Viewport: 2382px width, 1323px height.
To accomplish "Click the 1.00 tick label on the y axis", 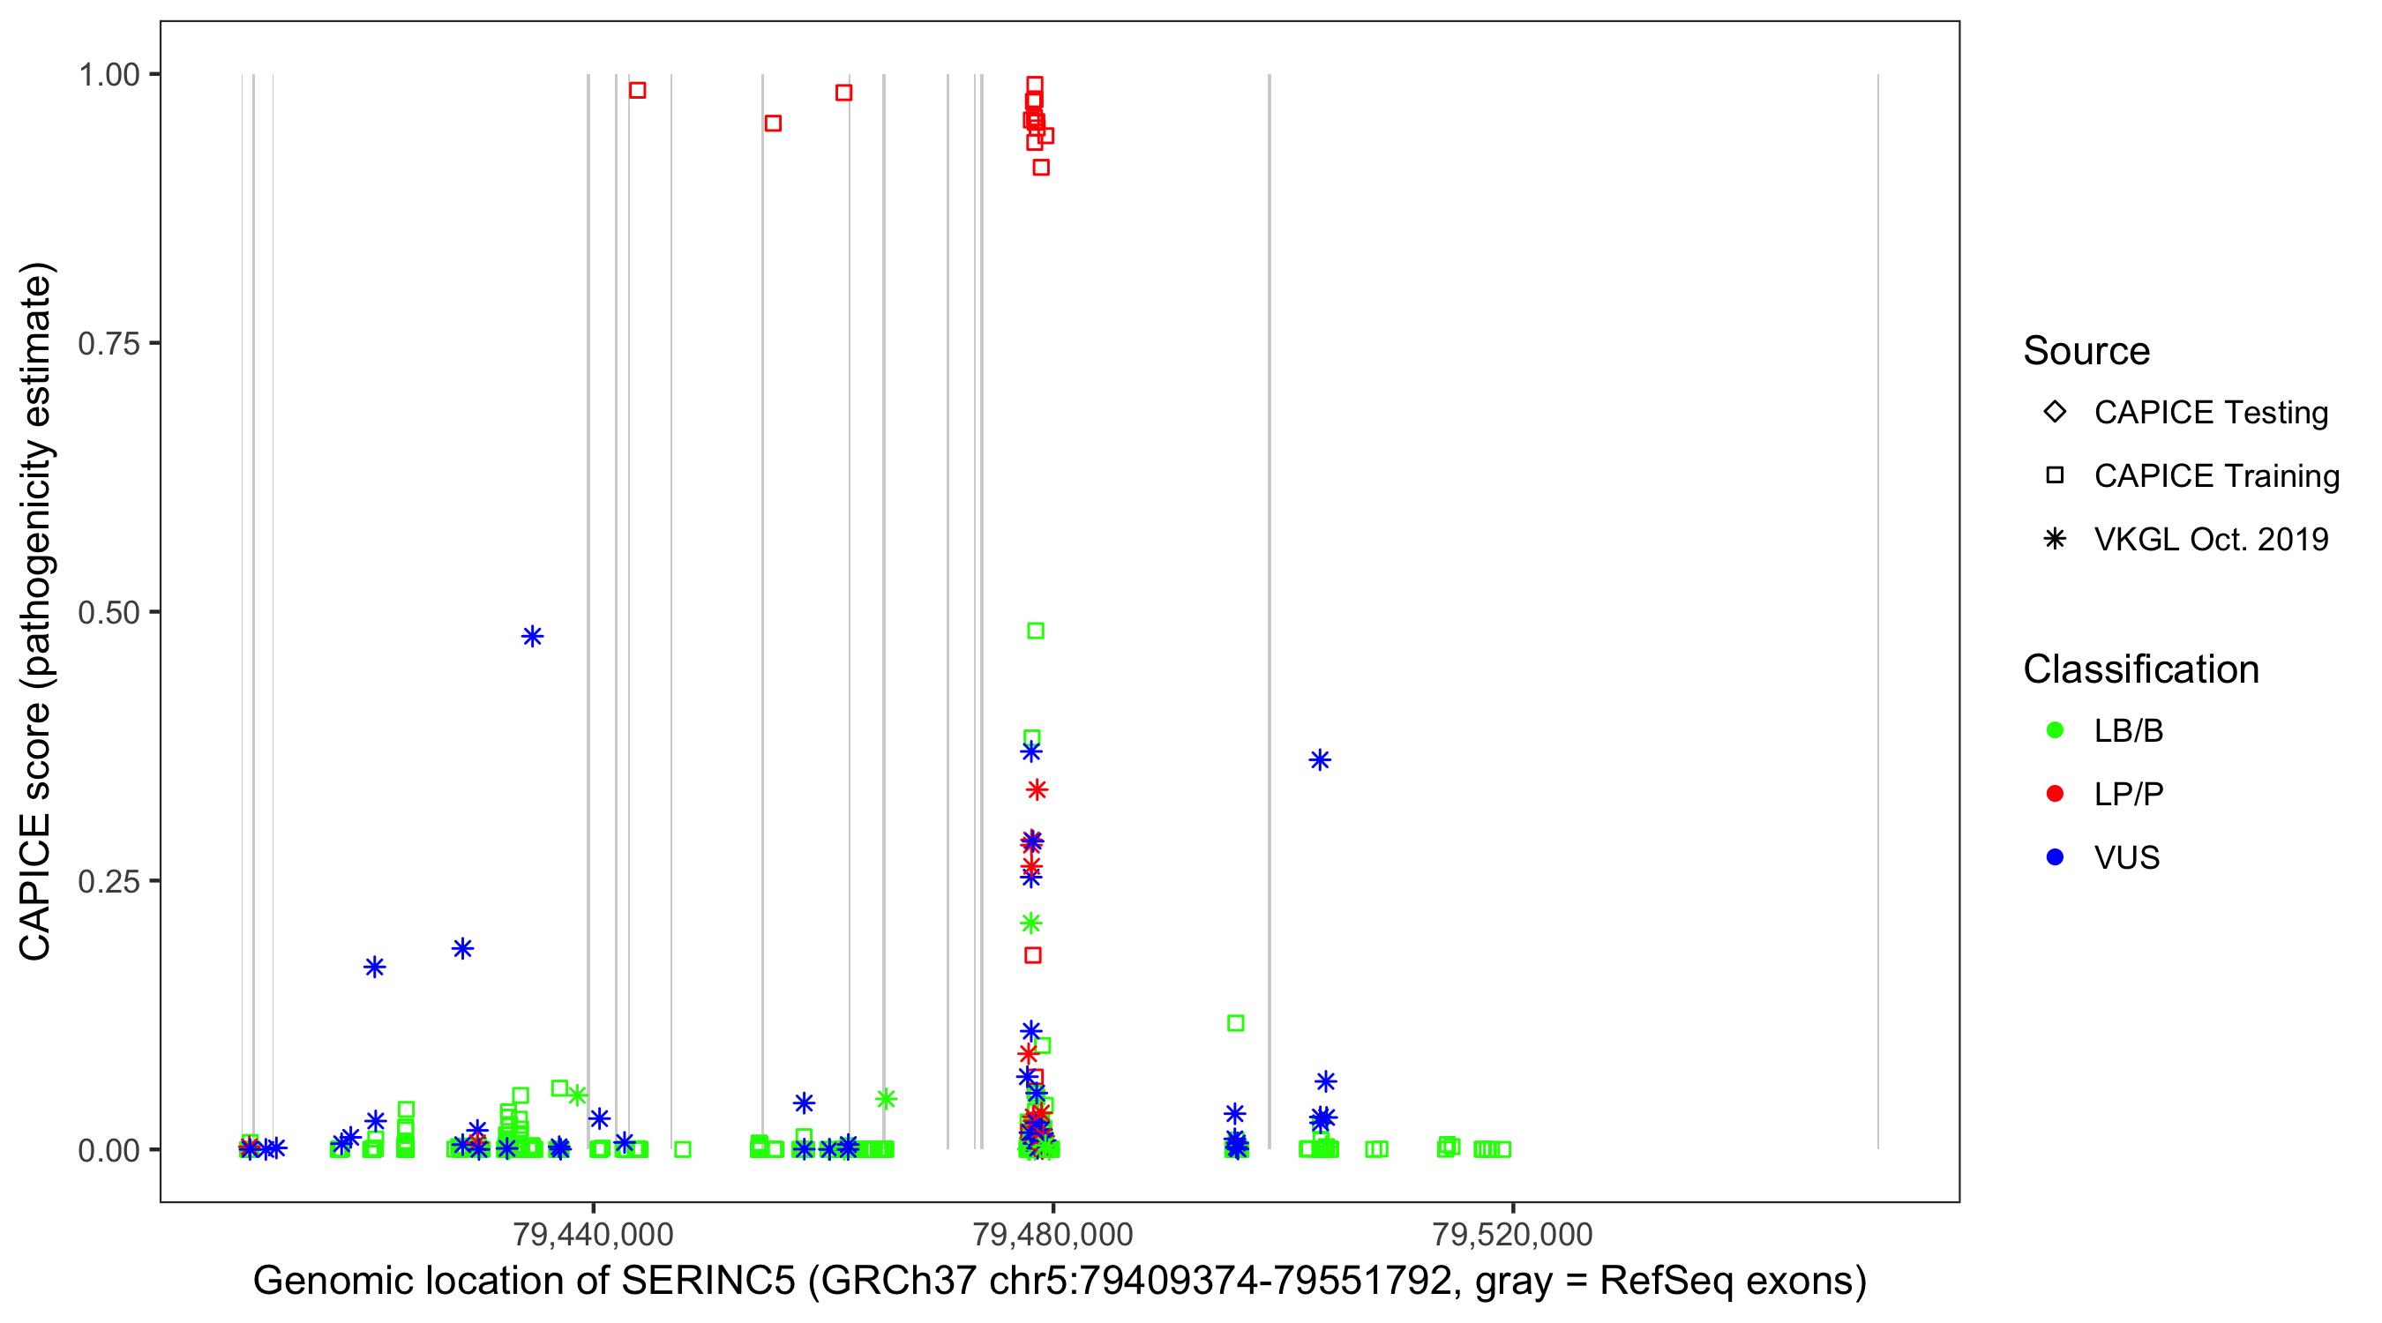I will point(109,75).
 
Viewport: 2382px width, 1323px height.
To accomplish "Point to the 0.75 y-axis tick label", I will point(109,344).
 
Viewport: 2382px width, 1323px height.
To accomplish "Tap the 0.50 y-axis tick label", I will point(109,612).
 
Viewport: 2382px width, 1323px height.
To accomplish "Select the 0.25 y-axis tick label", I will point(109,881).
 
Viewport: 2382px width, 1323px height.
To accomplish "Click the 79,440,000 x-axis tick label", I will point(593,1234).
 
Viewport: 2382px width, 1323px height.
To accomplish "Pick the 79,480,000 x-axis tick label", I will point(1052,1234).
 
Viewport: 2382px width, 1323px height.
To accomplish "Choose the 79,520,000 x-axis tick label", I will point(1512,1234).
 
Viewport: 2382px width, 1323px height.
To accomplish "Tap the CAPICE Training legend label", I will point(2216,476).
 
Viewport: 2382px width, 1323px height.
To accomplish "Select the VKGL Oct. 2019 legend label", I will point(2211,540).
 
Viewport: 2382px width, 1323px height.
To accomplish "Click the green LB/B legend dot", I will point(2055,730).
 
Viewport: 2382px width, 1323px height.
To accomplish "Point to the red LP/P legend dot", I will point(2055,794).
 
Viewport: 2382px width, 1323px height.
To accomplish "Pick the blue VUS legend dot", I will point(2055,858).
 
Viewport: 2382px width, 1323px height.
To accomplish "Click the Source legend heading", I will point(2086,351).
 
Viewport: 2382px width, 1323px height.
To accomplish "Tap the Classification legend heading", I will point(2140,669).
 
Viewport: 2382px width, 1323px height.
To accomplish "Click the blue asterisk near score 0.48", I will point(532,636).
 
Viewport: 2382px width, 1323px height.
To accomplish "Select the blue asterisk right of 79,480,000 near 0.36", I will point(1320,760).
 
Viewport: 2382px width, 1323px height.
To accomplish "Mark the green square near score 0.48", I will point(1036,631).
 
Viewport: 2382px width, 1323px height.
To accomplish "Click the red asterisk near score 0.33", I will point(1037,789).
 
